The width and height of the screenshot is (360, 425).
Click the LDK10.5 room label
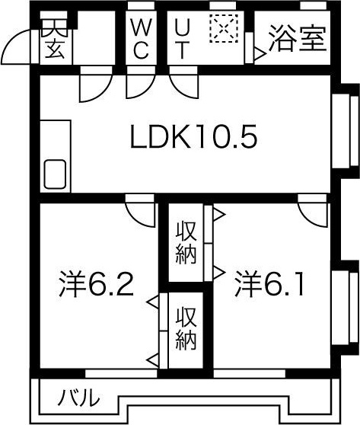pyautogui.click(x=193, y=138)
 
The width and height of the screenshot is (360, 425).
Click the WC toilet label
pyautogui.click(x=142, y=38)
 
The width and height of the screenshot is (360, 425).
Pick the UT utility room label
pyautogui.click(x=183, y=38)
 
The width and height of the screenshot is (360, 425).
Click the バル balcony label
pyautogui.click(x=79, y=398)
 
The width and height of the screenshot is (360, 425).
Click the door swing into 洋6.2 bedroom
pyautogui.click(x=139, y=211)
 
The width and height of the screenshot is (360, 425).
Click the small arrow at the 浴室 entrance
pyautogui.click(x=260, y=54)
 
